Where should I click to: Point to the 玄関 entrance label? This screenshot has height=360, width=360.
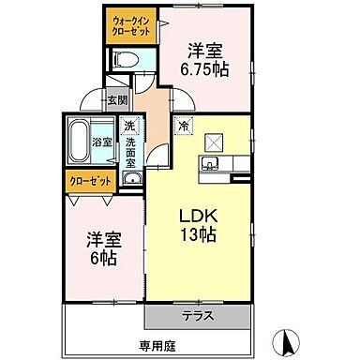115,100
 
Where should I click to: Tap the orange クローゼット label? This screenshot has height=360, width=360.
89,179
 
